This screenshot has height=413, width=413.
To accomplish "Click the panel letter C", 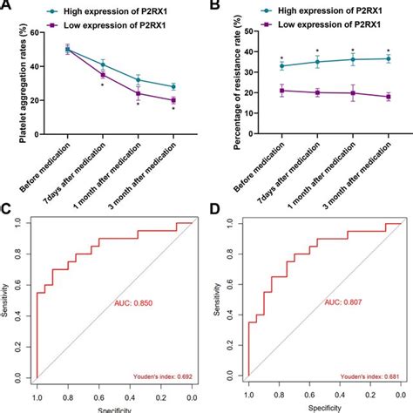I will point(6,212).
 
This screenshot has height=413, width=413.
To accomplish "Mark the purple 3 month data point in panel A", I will point(173,100).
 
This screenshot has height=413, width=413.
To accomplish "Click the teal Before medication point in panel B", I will point(281,65).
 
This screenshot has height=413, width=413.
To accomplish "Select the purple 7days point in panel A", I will point(103,75).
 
